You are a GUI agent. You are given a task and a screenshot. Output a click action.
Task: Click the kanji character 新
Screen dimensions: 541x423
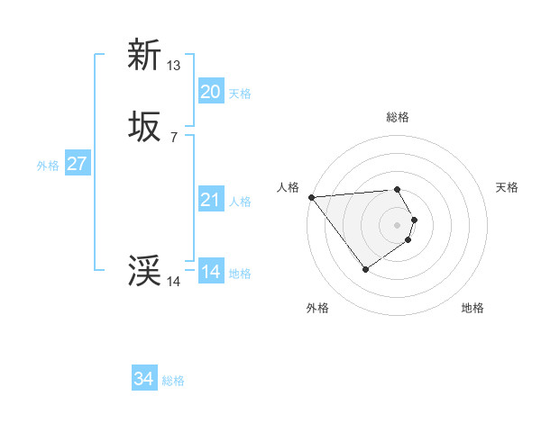pyautogui.click(x=144, y=56)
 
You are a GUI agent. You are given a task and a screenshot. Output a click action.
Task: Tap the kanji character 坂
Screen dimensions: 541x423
pyautogui.click(x=144, y=128)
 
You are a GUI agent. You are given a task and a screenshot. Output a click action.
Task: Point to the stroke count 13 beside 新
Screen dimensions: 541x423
pyautogui.click(x=174, y=65)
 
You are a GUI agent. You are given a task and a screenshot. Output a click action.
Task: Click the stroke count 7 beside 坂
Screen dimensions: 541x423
pyautogui.click(x=174, y=137)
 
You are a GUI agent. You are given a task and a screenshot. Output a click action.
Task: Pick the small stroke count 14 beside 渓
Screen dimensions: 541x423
pyautogui.click(x=174, y=281)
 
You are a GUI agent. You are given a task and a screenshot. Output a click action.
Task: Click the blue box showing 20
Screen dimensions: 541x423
pyautogui.click(x=210, y=92)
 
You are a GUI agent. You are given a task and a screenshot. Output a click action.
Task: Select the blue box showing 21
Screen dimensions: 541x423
pyautogui.click(x=210, y=200)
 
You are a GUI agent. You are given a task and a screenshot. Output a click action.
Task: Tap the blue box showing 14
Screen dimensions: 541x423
pyautogui.click(x=210, y=272)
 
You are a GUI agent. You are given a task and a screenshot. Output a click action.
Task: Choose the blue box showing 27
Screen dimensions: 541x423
pyautogui.click(x=77, y=164)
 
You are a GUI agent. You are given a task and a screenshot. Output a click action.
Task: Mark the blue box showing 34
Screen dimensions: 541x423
pyautogui.click(x=144, y=379)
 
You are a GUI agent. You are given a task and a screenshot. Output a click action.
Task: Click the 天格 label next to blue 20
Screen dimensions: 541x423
pyautogui.click(x=240, y=94)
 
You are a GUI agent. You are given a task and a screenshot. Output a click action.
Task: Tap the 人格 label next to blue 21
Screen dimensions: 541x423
pyautogui.click(x=240, y=202)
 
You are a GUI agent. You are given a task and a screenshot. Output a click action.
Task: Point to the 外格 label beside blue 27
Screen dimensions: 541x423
pyautogui.click(x=48, y=166)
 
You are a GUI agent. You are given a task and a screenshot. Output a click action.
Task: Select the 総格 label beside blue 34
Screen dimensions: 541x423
pyautogui.click(x=173, y=381)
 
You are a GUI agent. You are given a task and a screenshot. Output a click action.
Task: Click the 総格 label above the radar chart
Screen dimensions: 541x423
pyautogui.click(x=398, y=117)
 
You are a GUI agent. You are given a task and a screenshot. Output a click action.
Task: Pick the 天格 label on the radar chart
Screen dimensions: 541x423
pyautogui.click(x=507, y=187)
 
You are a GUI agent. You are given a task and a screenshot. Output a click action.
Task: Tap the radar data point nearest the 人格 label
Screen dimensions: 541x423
pyautogui.click(x=311, y=196)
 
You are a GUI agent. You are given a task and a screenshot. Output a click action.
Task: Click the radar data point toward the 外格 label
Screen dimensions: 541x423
pyautogui.click(x=365, y=268)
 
